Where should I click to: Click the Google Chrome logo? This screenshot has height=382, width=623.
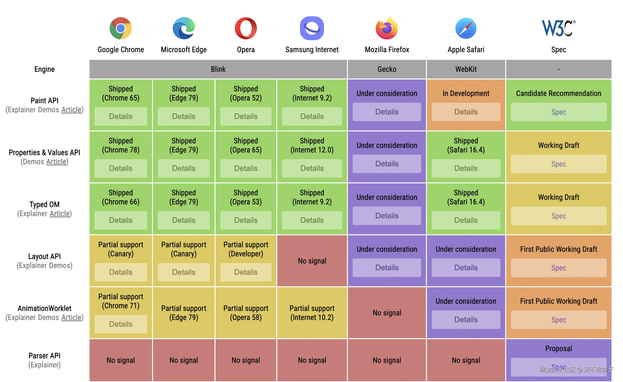click(121, 28)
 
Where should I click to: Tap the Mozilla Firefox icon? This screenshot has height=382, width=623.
click(387, 28)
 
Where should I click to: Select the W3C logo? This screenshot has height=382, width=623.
click(558, 28)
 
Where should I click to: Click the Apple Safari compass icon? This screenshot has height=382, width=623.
click(466, 28)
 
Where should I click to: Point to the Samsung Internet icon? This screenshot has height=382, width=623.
click(312, 28)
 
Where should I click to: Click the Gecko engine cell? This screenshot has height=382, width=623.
click(387, 69)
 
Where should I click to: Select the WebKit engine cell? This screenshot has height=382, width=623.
click(466, 69)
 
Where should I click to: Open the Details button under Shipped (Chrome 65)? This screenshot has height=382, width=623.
click(121, 116)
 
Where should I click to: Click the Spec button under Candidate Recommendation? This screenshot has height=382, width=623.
click(558, 112)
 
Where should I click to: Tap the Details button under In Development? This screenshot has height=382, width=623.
click(466, 112)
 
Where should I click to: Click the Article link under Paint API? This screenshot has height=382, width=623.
click(71, 110)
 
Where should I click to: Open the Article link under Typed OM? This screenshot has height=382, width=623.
click(60, 214)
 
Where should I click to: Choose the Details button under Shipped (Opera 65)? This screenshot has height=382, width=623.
click(245, 168)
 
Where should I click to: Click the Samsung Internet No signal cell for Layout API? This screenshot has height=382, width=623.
click(312, 261)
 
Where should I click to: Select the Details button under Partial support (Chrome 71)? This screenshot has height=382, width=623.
click(121, 324)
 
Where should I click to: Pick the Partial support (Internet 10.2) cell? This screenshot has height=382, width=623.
click(312, 313)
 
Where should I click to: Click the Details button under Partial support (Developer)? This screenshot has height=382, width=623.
click(245, 272)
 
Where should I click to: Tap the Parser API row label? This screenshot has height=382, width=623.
click(45, 356)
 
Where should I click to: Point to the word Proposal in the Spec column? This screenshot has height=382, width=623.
click(558, 348)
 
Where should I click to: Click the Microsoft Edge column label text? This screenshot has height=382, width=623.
click(184, 50)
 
